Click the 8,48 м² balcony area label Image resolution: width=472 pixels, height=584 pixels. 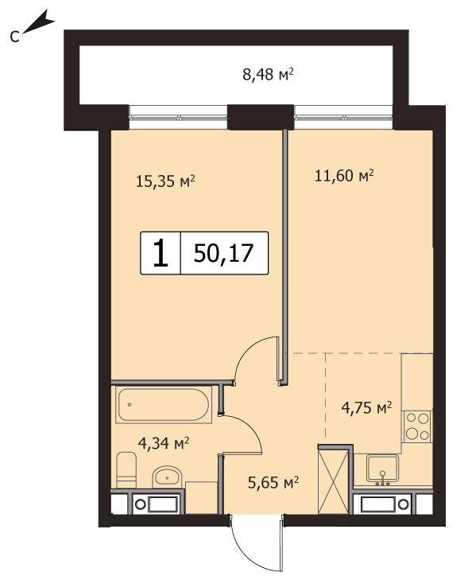268,74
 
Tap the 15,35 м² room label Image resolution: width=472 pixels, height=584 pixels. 165,181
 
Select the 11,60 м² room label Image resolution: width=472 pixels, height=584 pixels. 344,175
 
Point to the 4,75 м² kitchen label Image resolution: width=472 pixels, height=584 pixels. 366,407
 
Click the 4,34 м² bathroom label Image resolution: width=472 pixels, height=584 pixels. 164,443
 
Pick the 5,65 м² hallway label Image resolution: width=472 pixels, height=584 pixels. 273,482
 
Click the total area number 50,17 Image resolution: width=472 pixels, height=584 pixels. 223,253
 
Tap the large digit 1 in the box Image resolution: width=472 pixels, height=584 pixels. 161,253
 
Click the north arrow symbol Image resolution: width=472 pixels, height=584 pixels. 39,24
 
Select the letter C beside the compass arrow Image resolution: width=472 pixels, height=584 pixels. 14,37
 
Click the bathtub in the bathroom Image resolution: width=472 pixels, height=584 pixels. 164,404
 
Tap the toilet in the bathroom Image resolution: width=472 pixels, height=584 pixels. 126,470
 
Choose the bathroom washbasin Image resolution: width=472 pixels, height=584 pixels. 167,476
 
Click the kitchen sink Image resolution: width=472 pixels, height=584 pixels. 382,469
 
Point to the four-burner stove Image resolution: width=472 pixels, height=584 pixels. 417,426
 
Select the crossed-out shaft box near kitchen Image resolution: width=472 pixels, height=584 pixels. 334,481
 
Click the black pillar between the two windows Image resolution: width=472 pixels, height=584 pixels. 261,117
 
